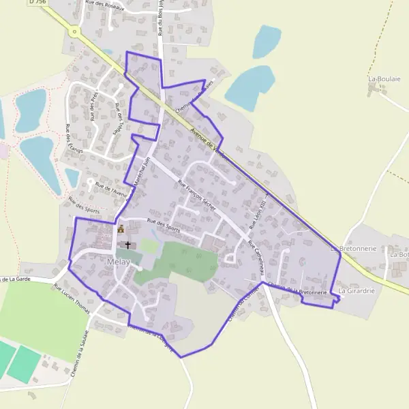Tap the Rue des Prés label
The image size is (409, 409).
click(93, 103)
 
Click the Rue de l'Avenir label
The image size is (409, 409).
click(111, 187)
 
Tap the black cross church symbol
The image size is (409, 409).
click(127, 244)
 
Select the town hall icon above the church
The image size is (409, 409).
click(121, 230)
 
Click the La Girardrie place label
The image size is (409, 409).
click(357, 291)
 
